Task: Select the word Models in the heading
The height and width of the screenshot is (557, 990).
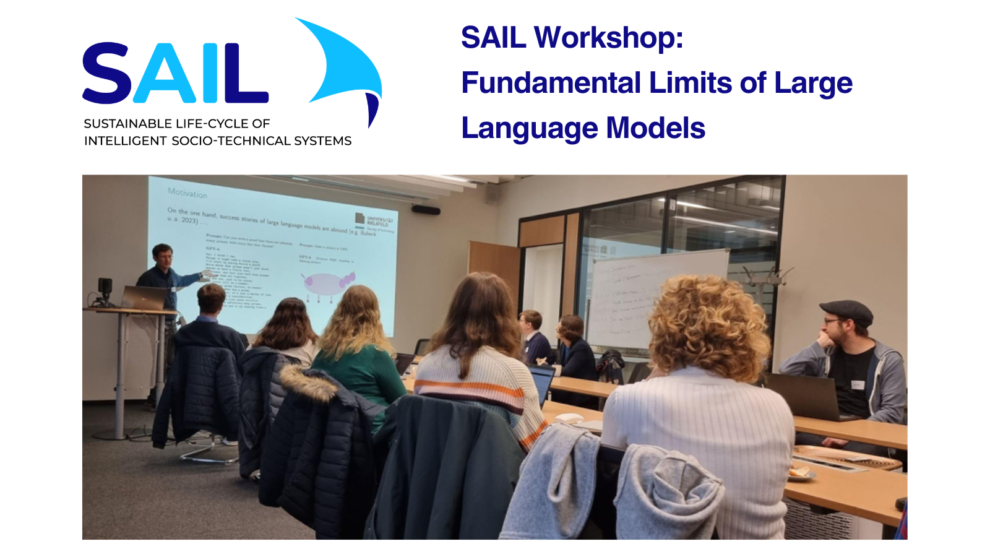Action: tap(655, 128)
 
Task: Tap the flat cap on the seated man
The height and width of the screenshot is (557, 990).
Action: tap(846, 309)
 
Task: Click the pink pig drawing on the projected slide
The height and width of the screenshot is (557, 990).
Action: tap(325, 283)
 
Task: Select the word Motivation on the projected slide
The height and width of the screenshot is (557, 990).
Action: tap(187, 193)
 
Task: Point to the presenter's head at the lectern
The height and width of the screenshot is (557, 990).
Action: tap(162, 255)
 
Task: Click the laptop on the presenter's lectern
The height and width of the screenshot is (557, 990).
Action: tap(144, 298)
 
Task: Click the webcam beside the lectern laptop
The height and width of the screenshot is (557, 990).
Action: tap(105, 288)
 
